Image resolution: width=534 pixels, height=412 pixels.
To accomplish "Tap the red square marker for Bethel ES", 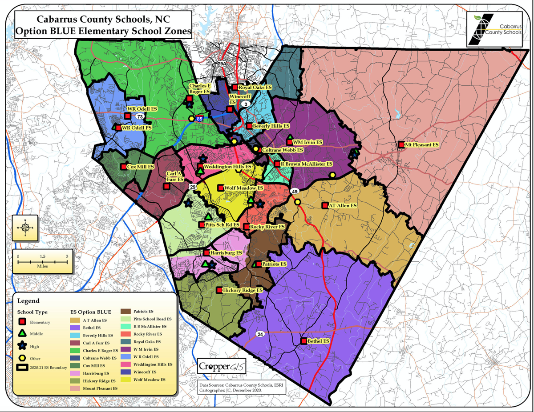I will point(303,341).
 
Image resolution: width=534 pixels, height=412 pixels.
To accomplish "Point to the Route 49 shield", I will point(294,191).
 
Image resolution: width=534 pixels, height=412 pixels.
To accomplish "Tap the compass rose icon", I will point(25,229).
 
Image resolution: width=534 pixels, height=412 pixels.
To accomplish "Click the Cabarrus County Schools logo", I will point(494,28).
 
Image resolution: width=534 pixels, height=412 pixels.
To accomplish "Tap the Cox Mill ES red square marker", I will point(123,167).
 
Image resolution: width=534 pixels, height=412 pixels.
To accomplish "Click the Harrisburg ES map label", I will point(226,252).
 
